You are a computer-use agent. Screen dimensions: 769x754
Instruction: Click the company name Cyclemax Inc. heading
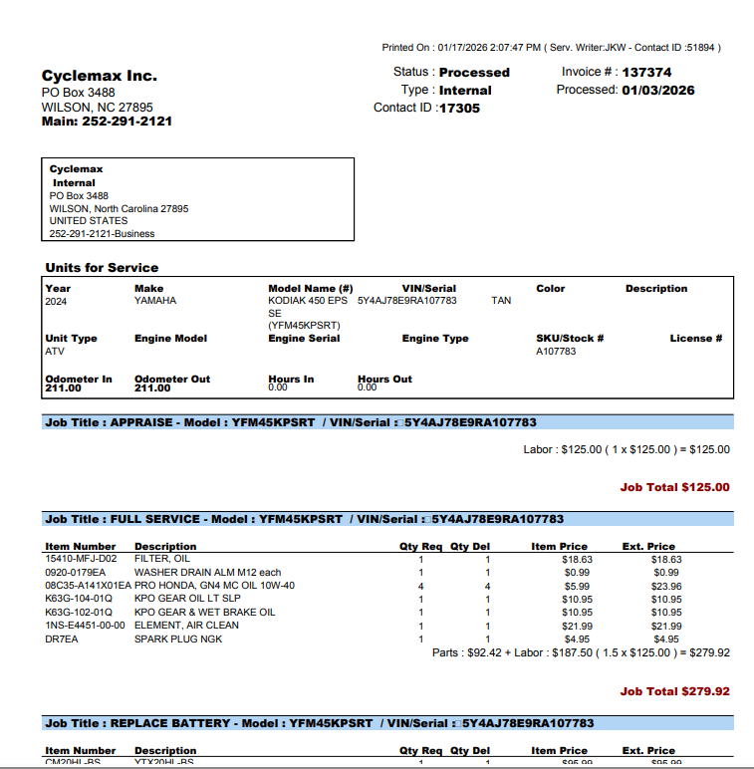point(100,76)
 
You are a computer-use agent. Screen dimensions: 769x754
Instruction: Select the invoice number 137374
point(646,72)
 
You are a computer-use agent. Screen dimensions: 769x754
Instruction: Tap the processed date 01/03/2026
point(658,90)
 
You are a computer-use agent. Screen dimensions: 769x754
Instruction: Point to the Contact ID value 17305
point(459,108)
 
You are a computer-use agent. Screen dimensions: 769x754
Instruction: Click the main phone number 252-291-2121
point(127,122)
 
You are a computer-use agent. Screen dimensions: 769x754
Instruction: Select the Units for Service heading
point(102,267)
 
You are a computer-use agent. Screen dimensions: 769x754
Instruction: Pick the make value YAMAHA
point(155,300)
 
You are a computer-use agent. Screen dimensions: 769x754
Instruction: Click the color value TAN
point(502,300)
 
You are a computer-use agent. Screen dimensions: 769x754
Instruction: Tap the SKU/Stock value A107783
point(556,351)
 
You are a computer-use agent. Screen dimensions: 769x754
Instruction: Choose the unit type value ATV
point(55,351)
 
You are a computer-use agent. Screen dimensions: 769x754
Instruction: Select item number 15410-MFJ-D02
point(81,559)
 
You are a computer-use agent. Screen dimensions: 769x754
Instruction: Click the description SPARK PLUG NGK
point(179,639)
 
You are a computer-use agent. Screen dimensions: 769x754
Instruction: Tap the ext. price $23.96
point(666,586)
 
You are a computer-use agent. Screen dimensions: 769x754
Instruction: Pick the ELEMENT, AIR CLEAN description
point(186,626)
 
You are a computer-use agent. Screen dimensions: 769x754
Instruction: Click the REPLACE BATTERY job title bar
point(388,723)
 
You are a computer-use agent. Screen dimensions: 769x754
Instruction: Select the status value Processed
point(474,72)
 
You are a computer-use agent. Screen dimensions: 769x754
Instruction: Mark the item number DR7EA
point(61,639)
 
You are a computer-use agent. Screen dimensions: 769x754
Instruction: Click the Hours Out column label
point(384,379)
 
